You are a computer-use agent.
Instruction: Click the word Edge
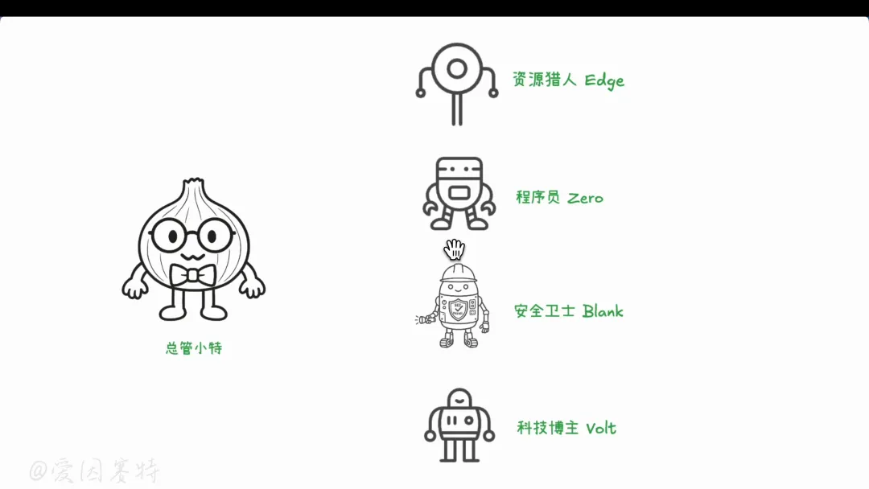(x=604, y=80)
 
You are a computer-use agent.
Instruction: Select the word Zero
(x=585, y=198)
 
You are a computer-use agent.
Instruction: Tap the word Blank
(x=603, y=311)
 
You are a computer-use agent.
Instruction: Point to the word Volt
(x=600, y=428)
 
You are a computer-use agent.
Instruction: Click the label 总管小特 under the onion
(x=194, y=348)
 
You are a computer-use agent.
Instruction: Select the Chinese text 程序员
(x=537, y=198)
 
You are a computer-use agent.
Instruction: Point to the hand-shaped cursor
(x=455, y=248)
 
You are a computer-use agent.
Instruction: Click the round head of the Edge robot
(x=457, y=69)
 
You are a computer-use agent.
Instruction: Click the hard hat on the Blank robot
(x=458, y=272)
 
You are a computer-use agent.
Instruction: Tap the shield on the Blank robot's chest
(x=458, y=310)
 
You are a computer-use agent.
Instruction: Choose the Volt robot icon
(x=459, y=425)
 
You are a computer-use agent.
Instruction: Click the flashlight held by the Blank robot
(x=422, y=320)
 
